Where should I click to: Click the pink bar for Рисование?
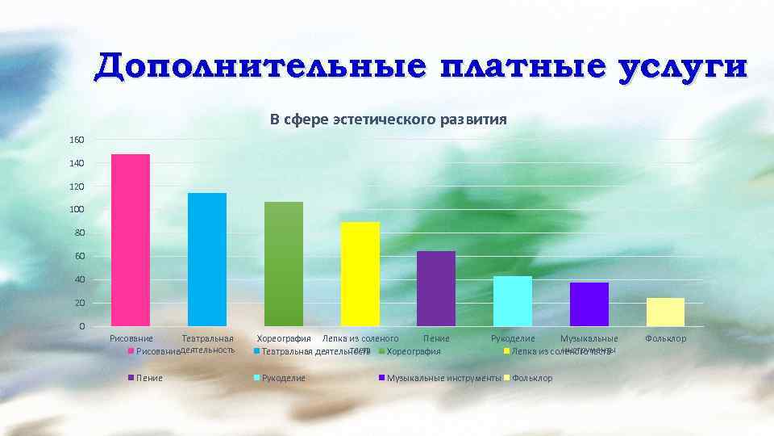click(x=131, y=240)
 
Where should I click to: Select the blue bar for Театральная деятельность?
click(x=207, y=259)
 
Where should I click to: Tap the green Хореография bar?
click(x=284, y=263)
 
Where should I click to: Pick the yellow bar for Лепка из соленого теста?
click(x=360, y=274)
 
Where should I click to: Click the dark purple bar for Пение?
click(x=436, y=288)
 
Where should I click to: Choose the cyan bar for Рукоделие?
click(x=513, y=301)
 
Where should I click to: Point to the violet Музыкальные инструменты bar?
click(x=589, y=304)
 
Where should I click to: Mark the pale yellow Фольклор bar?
click(x=665, y=312)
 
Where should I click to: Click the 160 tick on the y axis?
click(x=77, y=140)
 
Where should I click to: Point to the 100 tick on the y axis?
click(x=77, y=210)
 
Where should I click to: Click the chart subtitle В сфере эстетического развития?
click(x=388, y=120)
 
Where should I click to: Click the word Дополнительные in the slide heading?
click(x=256, y=68)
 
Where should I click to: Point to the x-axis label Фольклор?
click(x=666, y=338)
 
